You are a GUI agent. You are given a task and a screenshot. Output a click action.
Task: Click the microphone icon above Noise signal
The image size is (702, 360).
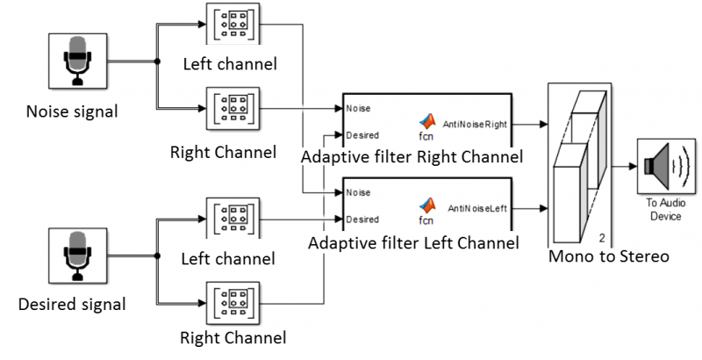(77, 61)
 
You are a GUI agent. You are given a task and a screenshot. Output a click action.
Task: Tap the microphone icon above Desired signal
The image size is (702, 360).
(77, 256)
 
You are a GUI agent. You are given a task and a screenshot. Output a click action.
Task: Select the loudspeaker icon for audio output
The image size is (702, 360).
(667, 166)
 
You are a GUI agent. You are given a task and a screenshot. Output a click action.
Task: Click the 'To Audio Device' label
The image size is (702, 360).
(666, 210)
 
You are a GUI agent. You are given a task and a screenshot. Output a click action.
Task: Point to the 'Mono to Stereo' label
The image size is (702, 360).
(608, 256)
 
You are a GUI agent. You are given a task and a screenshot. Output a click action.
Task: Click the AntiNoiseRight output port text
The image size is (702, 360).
(475, 125)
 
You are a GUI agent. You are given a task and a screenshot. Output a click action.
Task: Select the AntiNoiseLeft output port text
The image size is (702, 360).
(477, 209)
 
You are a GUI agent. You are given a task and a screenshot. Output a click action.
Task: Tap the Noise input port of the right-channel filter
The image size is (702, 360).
(358, 108)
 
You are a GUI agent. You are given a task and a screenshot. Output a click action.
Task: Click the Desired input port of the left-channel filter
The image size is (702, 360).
(362, 220)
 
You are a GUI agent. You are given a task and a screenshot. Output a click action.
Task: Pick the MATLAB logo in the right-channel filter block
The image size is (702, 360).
(427, 122)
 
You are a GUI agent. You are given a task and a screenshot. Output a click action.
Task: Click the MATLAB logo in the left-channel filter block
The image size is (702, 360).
(427, 205)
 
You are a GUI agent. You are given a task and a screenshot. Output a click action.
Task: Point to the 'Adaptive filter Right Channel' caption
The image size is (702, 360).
(412, 157)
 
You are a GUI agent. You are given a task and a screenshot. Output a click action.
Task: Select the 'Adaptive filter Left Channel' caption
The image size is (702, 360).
(413, 242)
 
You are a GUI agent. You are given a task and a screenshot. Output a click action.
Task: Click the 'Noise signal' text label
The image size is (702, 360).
(72, 111)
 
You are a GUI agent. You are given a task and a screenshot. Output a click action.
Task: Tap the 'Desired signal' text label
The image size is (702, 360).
(72, 304)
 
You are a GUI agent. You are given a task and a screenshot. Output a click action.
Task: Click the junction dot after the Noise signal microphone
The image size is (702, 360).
(157, 61)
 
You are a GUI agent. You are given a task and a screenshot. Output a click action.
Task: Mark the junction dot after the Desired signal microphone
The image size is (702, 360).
(157, 256)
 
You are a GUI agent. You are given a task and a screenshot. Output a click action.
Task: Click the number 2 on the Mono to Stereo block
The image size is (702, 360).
(602, 238)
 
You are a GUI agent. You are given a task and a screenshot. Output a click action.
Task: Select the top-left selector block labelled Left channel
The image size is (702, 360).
(233, 24)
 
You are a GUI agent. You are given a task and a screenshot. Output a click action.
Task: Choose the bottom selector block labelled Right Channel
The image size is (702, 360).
(233, 303)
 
